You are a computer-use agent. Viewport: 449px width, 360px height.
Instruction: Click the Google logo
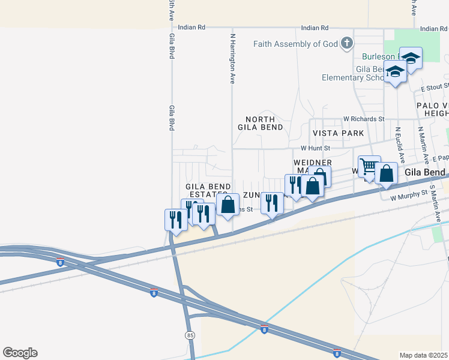click(x=20, y=353)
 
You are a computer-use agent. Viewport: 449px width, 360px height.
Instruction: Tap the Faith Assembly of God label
click(x=295, y=44)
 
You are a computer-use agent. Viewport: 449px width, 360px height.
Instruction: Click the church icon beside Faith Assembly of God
click(x=346, y=43)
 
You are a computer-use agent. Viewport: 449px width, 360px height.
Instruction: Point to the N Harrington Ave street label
click(x=232, y=58)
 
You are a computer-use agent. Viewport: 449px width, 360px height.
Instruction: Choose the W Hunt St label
click(x=316, y=148)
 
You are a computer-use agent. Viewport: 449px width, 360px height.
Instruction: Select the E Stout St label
click(x=435, y=88)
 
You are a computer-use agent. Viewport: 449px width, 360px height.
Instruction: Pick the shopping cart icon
click(x=369, y=166)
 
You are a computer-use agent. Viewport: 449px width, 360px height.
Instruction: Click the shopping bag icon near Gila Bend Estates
click(x=228, y=205)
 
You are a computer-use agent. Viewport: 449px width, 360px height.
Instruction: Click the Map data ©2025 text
click(x=424, y=355)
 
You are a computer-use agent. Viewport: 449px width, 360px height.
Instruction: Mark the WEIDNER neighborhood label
click(x=313, y=163)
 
